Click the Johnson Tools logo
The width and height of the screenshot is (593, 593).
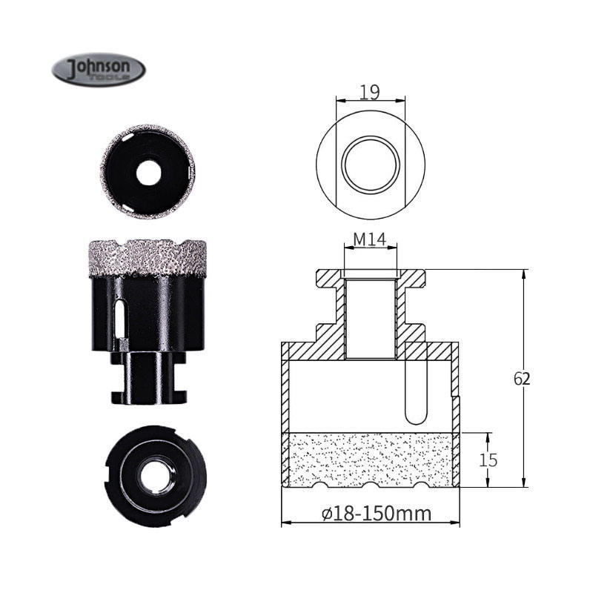click(99, 70)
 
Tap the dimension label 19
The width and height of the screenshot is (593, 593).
click(369, 92)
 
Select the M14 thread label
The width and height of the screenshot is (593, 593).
click(369, 239)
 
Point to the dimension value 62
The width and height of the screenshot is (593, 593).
click(522, 379)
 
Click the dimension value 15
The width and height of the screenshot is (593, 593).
click(488, 460)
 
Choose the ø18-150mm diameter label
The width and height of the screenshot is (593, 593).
click(377, 514)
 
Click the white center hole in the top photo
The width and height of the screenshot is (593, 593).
click(149, 173)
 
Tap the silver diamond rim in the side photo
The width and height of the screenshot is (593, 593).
click(148, 259)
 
